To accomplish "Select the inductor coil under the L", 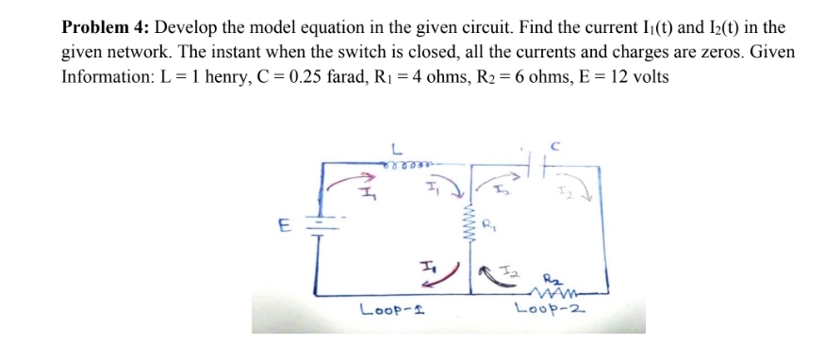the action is point(408,163).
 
